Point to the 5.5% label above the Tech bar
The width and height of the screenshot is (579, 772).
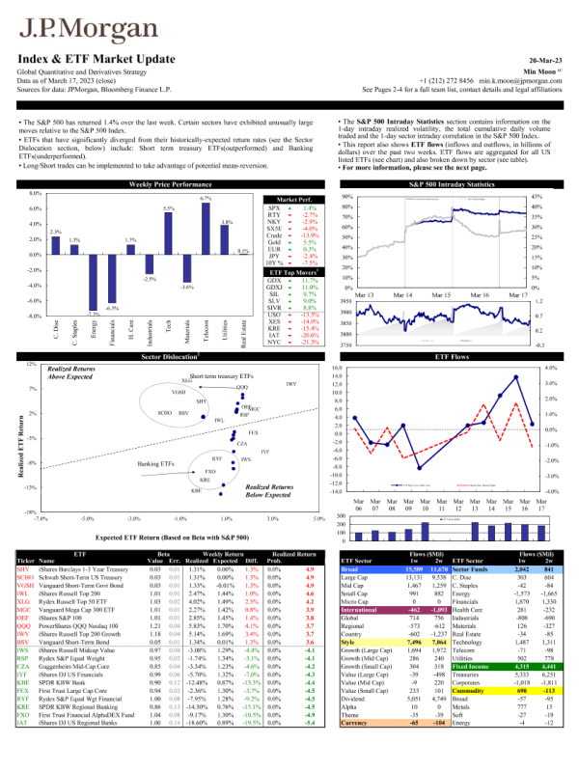point(169,208)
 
